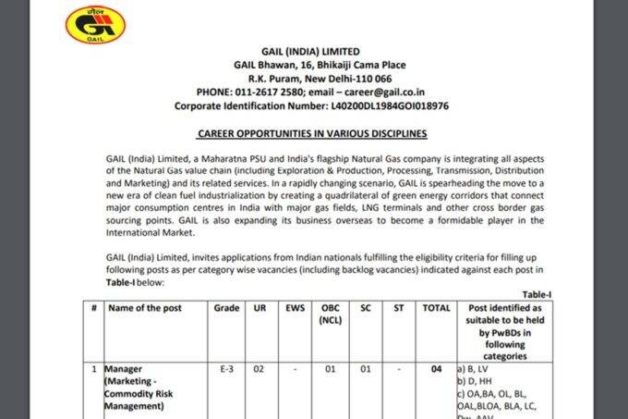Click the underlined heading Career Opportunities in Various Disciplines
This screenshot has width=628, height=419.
[x=312, y=133]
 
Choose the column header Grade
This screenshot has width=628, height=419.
[x=226, y=307]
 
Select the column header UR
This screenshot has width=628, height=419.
[x=260, y=307]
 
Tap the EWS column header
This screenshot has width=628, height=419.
[x=295, y=307]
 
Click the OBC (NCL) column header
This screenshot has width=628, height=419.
[x=330, y=314]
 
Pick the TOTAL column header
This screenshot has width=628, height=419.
[x=436, y=307]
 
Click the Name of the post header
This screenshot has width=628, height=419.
[x=147, y=307]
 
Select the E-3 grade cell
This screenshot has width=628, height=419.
[x=226, y=368]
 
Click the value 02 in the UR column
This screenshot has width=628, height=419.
[x=260, y=368]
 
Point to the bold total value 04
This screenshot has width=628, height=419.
[x=436, y=368]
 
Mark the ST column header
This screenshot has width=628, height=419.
[x=398, y=307]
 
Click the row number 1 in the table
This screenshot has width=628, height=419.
[x=93, y=368]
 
